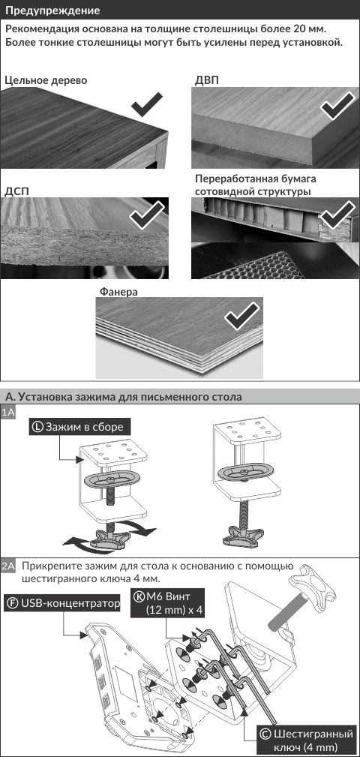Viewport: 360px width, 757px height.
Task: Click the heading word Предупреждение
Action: (53, 11)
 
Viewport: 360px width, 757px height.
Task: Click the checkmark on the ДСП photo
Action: (148, 215)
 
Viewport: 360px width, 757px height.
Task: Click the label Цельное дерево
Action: (46, 80)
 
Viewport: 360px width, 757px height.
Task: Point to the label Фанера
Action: (118, 292)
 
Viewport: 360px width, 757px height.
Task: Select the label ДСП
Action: (17, 191)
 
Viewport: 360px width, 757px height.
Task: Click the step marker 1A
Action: (9, 413)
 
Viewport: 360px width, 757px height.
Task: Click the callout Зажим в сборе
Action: (80, 427)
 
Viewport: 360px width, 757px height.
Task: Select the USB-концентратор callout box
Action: (61, 603)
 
